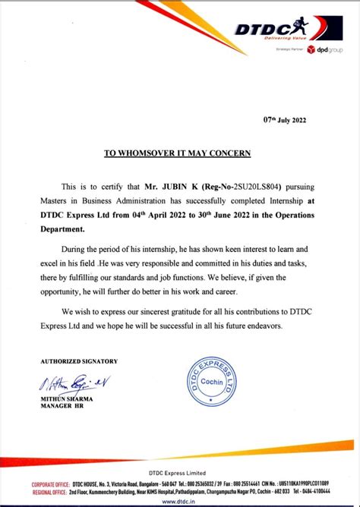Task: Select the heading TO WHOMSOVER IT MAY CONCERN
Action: (177, 153)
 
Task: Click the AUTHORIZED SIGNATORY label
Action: (79, 361)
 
